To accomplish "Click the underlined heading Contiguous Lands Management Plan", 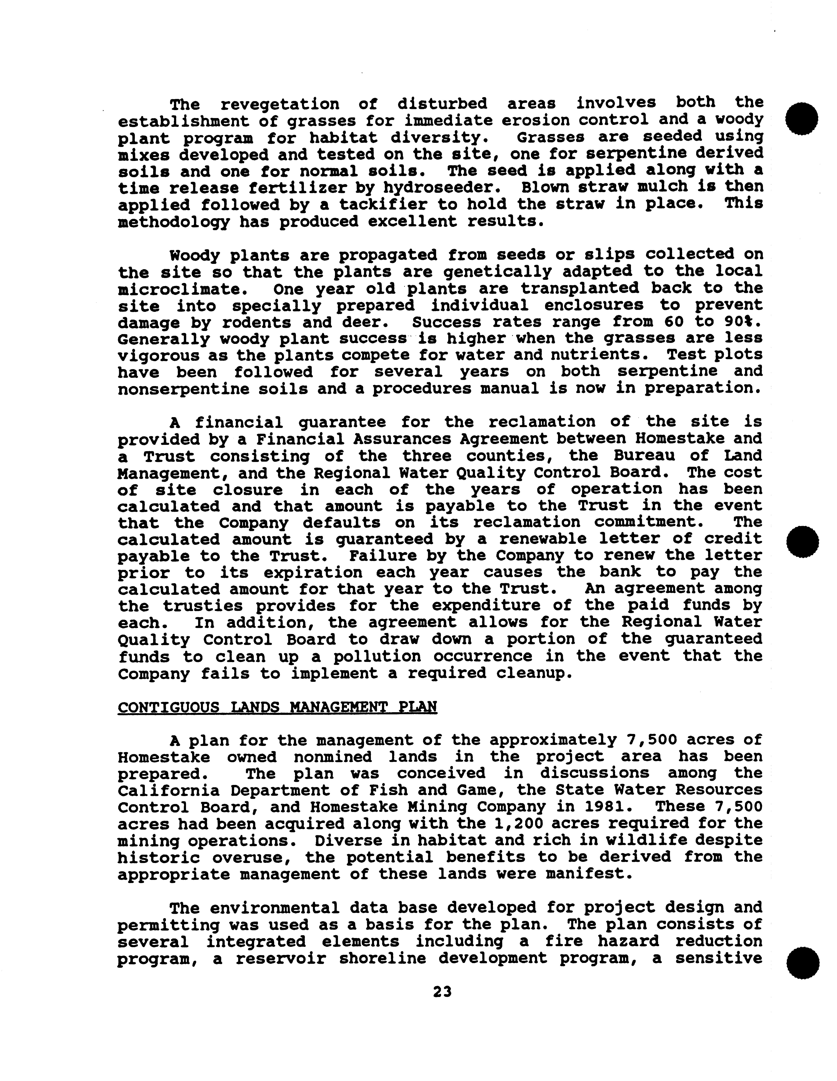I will [x=277, y=706].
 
